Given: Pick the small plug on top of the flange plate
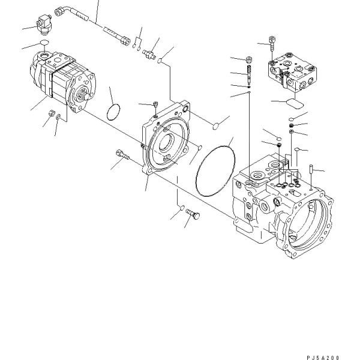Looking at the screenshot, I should point(155,106).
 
